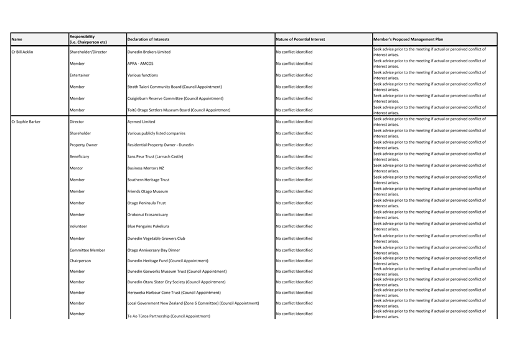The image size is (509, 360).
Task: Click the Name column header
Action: coord(17,40)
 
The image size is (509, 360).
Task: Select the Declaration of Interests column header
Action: coord(148,40)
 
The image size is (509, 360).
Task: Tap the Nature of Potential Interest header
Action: coord(300,40)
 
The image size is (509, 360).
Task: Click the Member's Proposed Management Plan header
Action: coord(408,40)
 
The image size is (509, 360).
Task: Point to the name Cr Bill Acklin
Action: coord(22,52)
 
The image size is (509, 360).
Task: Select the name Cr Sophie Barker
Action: coord(26,121)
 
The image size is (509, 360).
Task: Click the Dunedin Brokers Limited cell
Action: coord(149,52)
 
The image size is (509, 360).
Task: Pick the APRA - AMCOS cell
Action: coord(140,64)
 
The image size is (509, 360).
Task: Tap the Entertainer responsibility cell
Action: coord(80,75)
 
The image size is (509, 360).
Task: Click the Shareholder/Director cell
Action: coord(88,52)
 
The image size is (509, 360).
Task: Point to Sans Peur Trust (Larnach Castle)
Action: coord(155,156)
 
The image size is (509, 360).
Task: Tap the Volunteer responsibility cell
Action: coord(79,226)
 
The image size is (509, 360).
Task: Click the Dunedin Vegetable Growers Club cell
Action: coord(156,238)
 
